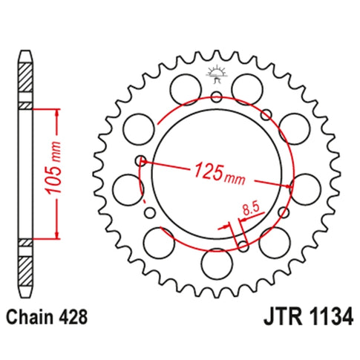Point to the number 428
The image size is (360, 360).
pos(73,317)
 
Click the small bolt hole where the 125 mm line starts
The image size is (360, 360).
pos(139,160)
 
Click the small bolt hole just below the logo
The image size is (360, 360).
pos(216,96)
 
